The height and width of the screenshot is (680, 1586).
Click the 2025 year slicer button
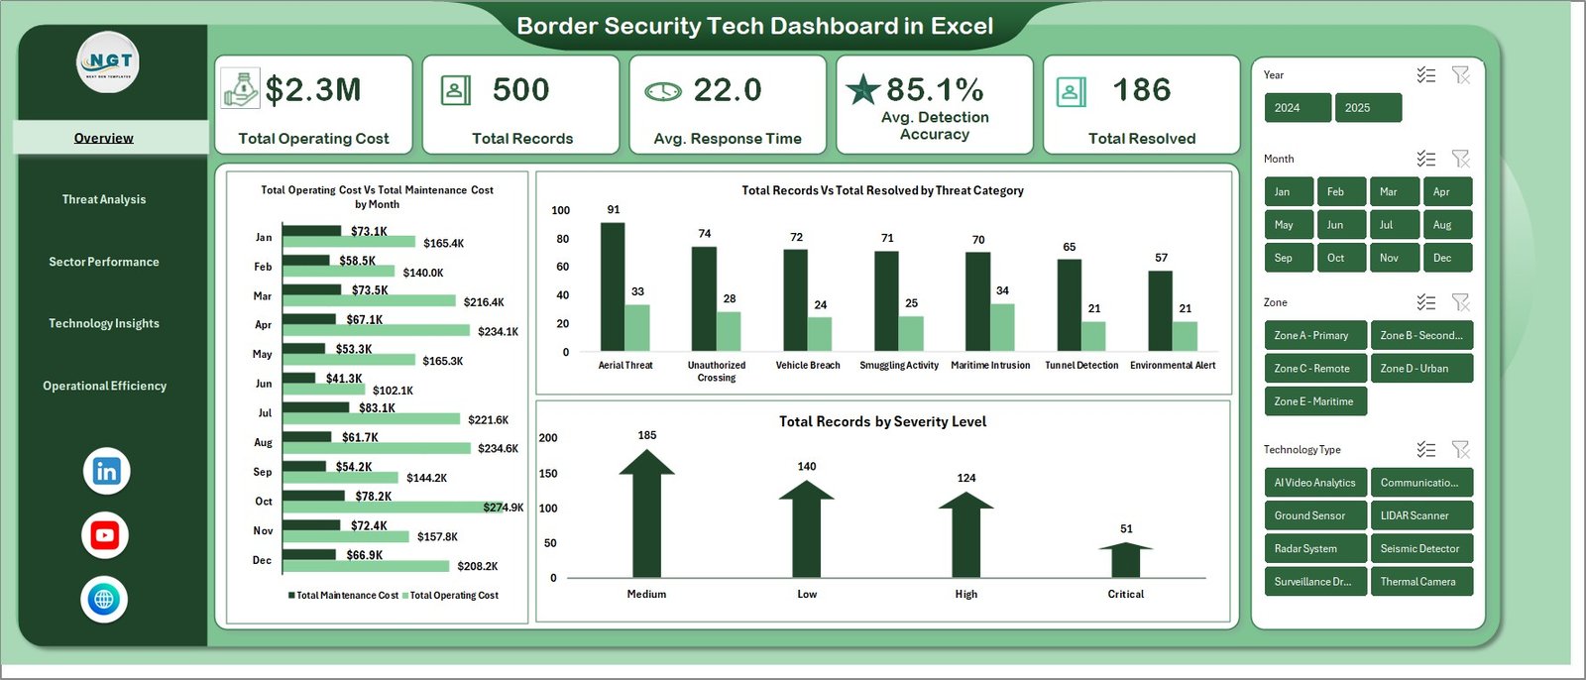[x=1368, y=108]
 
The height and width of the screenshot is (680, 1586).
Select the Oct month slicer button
[x=1335, y=258]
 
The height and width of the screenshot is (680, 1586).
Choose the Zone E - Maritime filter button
[x=1314, y=401]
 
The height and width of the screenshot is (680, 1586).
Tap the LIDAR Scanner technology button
[x=1420, y=515]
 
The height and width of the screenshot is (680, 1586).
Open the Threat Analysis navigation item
[x=104, y=199]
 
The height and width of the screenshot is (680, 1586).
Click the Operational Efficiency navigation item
[x=104, y=386]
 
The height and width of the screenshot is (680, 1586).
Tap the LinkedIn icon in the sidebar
[x=106, y=472]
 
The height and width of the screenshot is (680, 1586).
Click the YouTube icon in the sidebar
[x=105, y=536]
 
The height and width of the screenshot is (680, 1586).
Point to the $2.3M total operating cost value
[x=313, y=90]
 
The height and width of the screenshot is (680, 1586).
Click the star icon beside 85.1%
[x=862, y=90]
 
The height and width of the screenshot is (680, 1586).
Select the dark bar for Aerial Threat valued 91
[x=613, y=286]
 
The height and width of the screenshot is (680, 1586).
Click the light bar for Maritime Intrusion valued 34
[x=1002, y=326]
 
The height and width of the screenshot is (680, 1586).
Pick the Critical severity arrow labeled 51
[x=1125, y=560]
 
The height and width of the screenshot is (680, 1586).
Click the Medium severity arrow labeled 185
[x=646, y=515]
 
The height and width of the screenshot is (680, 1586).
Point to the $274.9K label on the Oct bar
[x=503, y=508]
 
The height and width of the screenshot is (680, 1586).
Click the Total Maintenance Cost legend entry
[x=343, y=596]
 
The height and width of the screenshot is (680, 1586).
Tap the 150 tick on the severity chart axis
[x=548, y=474]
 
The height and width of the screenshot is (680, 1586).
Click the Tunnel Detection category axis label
[x=1081, y=366]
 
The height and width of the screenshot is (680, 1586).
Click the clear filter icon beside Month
[x=1460, y=159]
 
